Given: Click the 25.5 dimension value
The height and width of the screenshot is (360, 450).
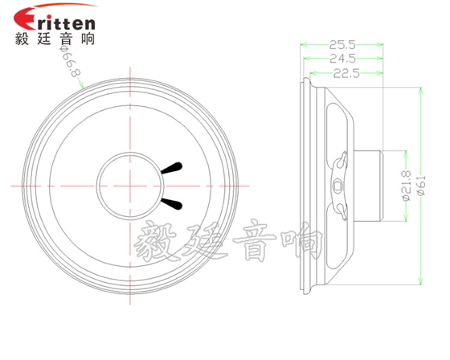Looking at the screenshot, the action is click(x=342, y=45).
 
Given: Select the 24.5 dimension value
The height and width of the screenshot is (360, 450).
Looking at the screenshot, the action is click(x=342, y=59).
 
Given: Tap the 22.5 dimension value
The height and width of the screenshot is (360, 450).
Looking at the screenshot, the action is click(x=346, y=74).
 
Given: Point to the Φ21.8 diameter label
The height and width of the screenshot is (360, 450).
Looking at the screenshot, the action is click(x=407, y=186).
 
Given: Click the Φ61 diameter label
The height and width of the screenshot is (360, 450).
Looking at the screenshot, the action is click(x=421, y=186).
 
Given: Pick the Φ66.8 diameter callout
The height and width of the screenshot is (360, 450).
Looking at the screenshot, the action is click(x=70, y=60).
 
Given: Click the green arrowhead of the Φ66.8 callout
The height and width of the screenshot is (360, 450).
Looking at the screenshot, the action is click(x=81, y=85).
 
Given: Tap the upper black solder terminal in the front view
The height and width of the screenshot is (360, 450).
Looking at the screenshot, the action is click(x=172, y=168).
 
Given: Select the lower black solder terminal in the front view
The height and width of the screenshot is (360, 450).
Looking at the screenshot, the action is click(x=172, y=203).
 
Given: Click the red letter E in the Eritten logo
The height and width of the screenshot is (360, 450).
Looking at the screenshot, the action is click(x=25, y=18).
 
